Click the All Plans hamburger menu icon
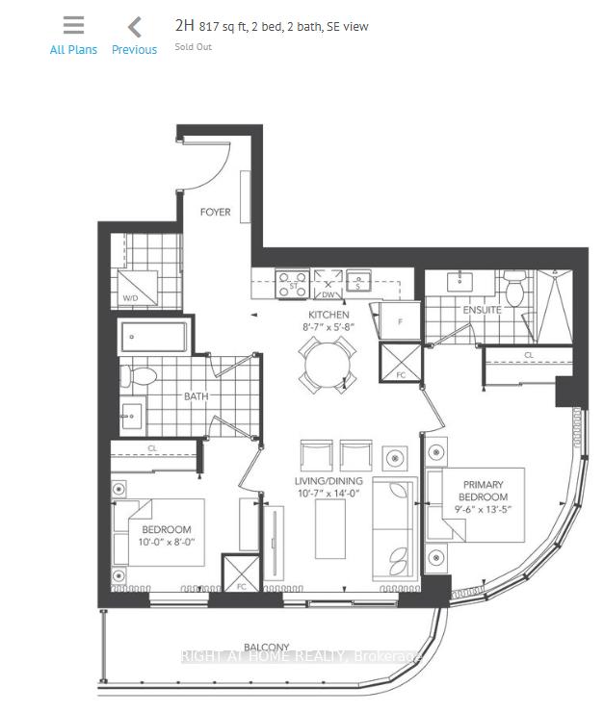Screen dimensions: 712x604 tap(73, 26)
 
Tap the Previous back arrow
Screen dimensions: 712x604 tap(135, 27)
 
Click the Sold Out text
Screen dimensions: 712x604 tap(193, 46)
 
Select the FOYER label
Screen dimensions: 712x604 tap(215, 212)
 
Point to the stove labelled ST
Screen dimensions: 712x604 tap(292, 284)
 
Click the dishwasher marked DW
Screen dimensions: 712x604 tap(330, 284)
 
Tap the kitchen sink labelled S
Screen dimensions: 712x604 tap(358, 281)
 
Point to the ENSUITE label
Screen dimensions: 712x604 tap(482, 311)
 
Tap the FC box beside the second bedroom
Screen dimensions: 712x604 tap(236, 573)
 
